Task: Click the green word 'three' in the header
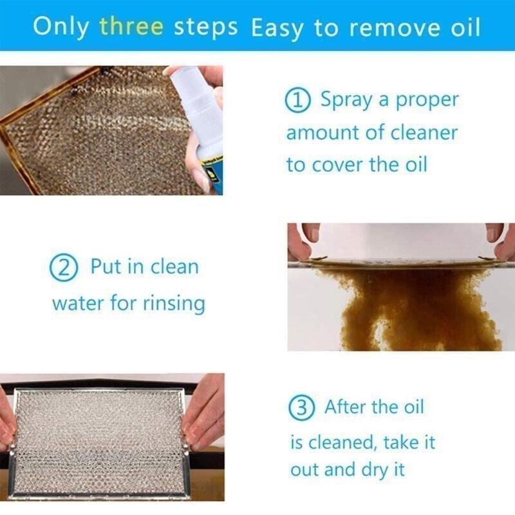[131, 26]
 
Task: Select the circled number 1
[298, 101]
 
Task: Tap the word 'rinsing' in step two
[173, 302]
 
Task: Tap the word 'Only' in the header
[61, 26]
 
